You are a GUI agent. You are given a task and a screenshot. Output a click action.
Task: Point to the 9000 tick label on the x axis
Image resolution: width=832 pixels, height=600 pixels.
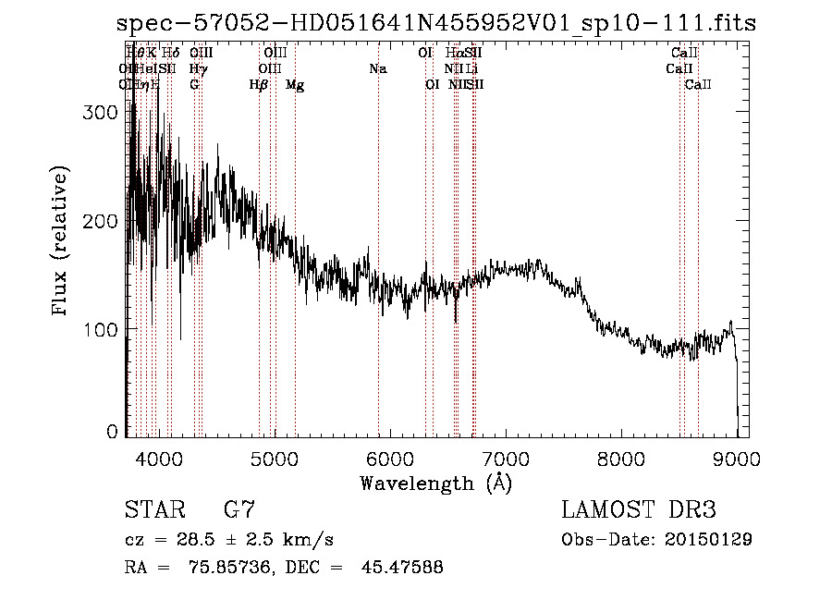738,457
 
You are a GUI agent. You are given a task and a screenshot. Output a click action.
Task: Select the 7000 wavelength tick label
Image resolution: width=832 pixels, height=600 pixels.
506,457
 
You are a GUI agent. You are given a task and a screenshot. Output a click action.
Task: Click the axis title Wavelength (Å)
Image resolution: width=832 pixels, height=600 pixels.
435,483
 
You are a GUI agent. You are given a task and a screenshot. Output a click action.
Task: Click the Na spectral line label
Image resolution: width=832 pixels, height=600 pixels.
377,69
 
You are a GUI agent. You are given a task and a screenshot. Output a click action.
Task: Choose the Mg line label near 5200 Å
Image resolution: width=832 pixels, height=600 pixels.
294,85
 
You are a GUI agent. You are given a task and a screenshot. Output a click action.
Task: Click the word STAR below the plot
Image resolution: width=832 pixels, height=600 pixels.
153,509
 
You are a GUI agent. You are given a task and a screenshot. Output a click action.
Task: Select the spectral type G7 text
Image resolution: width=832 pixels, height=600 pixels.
239,509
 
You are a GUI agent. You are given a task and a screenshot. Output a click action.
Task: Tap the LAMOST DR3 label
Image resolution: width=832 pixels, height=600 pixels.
638,509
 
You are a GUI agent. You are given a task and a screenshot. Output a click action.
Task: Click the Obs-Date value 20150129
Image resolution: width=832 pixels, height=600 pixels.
706,539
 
